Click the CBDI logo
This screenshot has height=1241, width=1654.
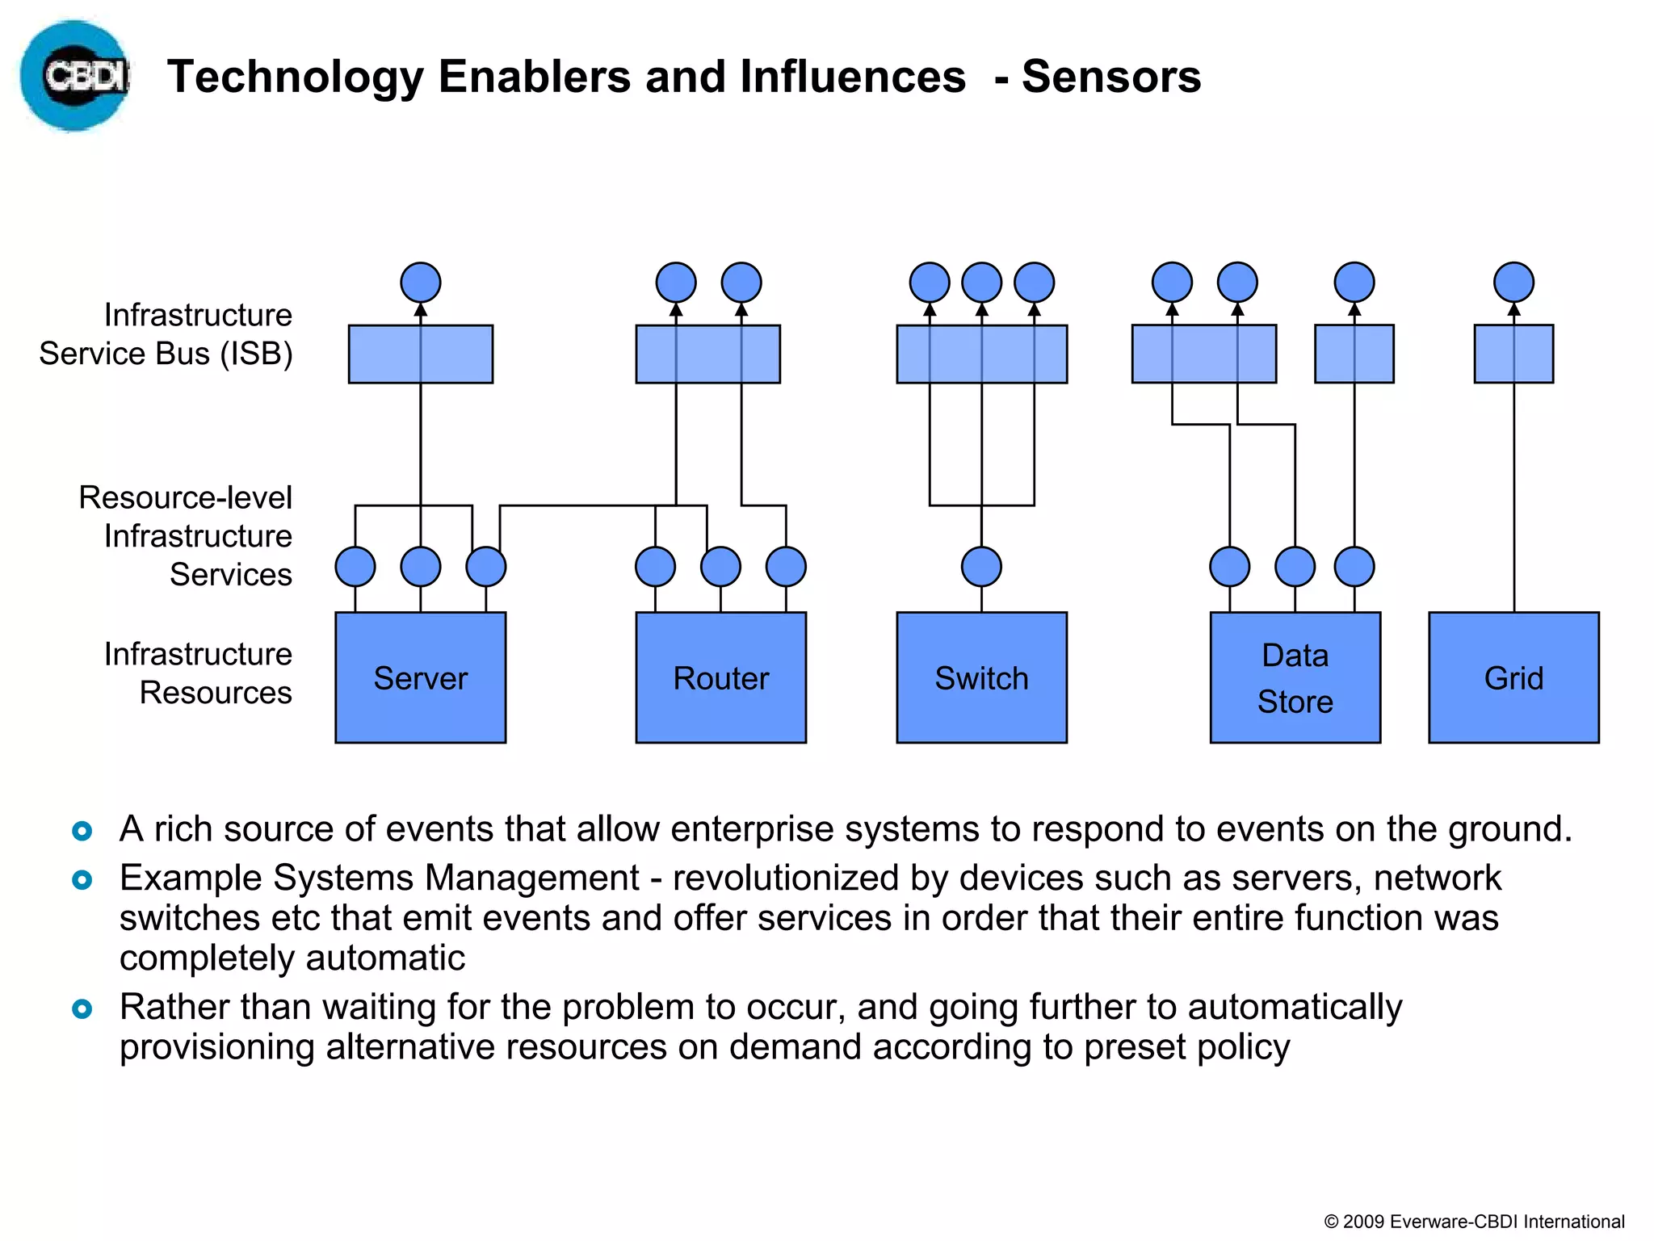click(x=74, y=76)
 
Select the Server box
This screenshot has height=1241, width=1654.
click(x=420, y=677)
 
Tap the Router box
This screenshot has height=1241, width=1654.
click(x=720, y=677)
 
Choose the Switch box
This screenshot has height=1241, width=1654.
click(x=981, y=677)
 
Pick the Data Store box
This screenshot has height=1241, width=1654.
click(x=1295, y=677)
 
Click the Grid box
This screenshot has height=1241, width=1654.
click(x=1513, y=677)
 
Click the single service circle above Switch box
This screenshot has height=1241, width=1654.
click(x=981, y=566)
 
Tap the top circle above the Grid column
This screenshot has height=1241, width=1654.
click(x=1513, y=283)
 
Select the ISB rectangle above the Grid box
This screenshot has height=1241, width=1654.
click(x=1513, y=354)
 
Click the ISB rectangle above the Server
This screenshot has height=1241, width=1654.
click(x=420, y=354)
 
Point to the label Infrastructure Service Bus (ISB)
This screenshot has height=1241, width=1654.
click(x=166, y=334)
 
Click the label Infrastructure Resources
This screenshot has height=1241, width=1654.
click(x=199, y=673)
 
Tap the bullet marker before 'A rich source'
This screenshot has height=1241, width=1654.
click(x=82, y=830)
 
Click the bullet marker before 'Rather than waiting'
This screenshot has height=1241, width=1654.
click(x=82, y=1008)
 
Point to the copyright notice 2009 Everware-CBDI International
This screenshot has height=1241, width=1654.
click(x=1474, y=1222)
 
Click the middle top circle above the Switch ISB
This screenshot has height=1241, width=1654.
click(x=981, y=283)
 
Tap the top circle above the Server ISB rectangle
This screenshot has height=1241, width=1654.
click(x=420, y=283)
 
